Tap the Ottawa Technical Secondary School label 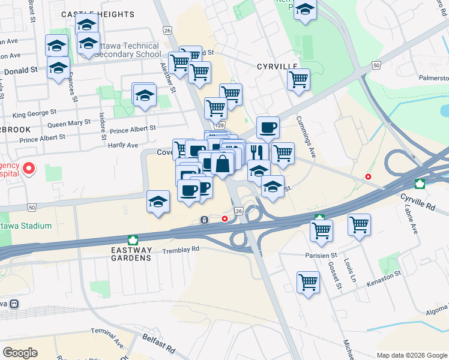pyautogui.click(x=130, y=50)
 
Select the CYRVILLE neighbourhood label pyautogui.click(x=277, y=67)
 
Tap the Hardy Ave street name pyautogui.click(x=122, y=145)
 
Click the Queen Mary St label pyautogui.click(x=69, y=125)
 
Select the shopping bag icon pyautogui.click(x=222, y=163)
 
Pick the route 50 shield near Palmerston pyautogui.click(x=376, y=64)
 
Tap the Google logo pyautogui.click(x=20, y=353)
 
